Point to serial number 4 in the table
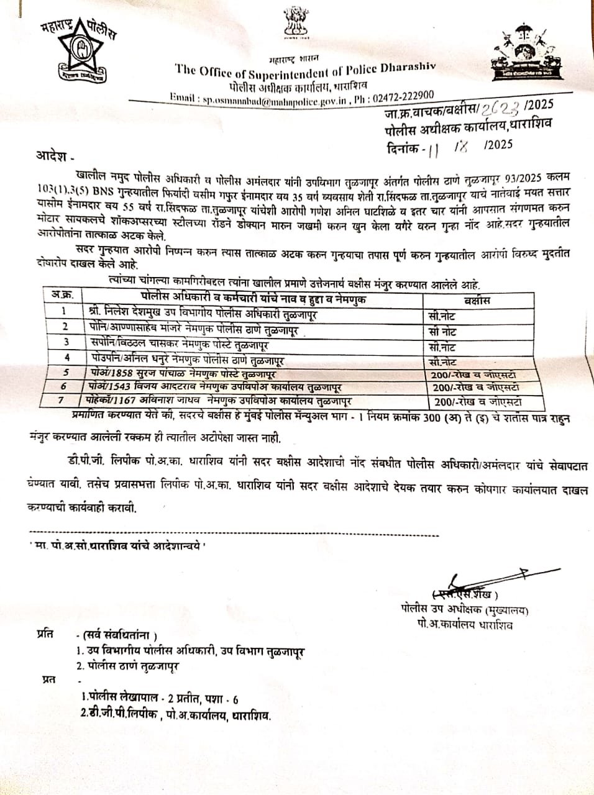pos(62,358)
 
